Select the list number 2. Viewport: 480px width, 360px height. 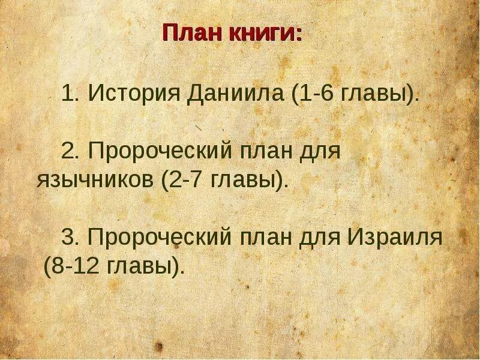pyautogui.click(x=71, y=151)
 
